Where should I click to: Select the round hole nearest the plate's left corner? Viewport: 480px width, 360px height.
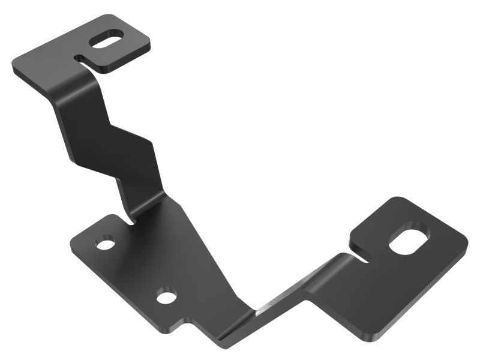tap(106, 244)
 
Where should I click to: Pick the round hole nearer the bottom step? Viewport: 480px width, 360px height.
tap(165, 296)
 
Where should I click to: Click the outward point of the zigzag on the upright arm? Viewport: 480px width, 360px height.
tap(150, 144)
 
